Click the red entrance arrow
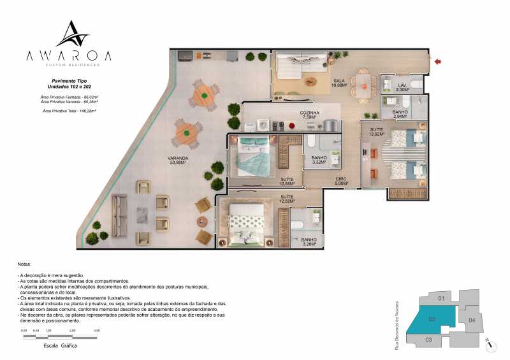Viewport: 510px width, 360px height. (x=437, y=61)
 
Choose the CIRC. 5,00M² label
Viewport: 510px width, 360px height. (x=341, y=182)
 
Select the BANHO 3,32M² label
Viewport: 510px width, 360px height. (x=318, y=159)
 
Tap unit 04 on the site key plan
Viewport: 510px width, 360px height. (x=472, y=319)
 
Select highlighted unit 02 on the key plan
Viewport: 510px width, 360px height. (x=432, y=319)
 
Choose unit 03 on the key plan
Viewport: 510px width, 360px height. (x=428, y=340)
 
